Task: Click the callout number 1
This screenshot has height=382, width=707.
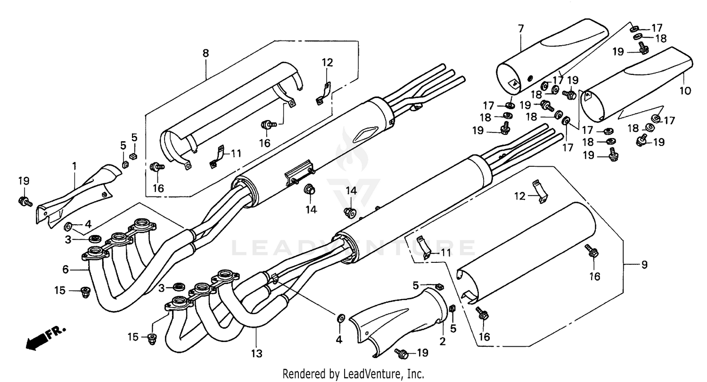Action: click(x=74, y=165)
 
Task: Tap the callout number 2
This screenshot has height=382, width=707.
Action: click(x=442, y=341)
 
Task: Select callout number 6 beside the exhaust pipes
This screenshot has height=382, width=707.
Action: click(x=65, y=269)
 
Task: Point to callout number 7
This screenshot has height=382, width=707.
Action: click(x=520, y=29)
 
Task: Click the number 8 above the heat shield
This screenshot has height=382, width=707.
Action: click(x=206, y=53)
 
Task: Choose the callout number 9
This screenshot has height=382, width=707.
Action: click(x=644, y=265)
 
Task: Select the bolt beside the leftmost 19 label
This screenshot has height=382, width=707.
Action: click(x=25, y=202)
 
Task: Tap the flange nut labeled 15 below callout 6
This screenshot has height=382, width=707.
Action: click(x=85, y=291)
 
